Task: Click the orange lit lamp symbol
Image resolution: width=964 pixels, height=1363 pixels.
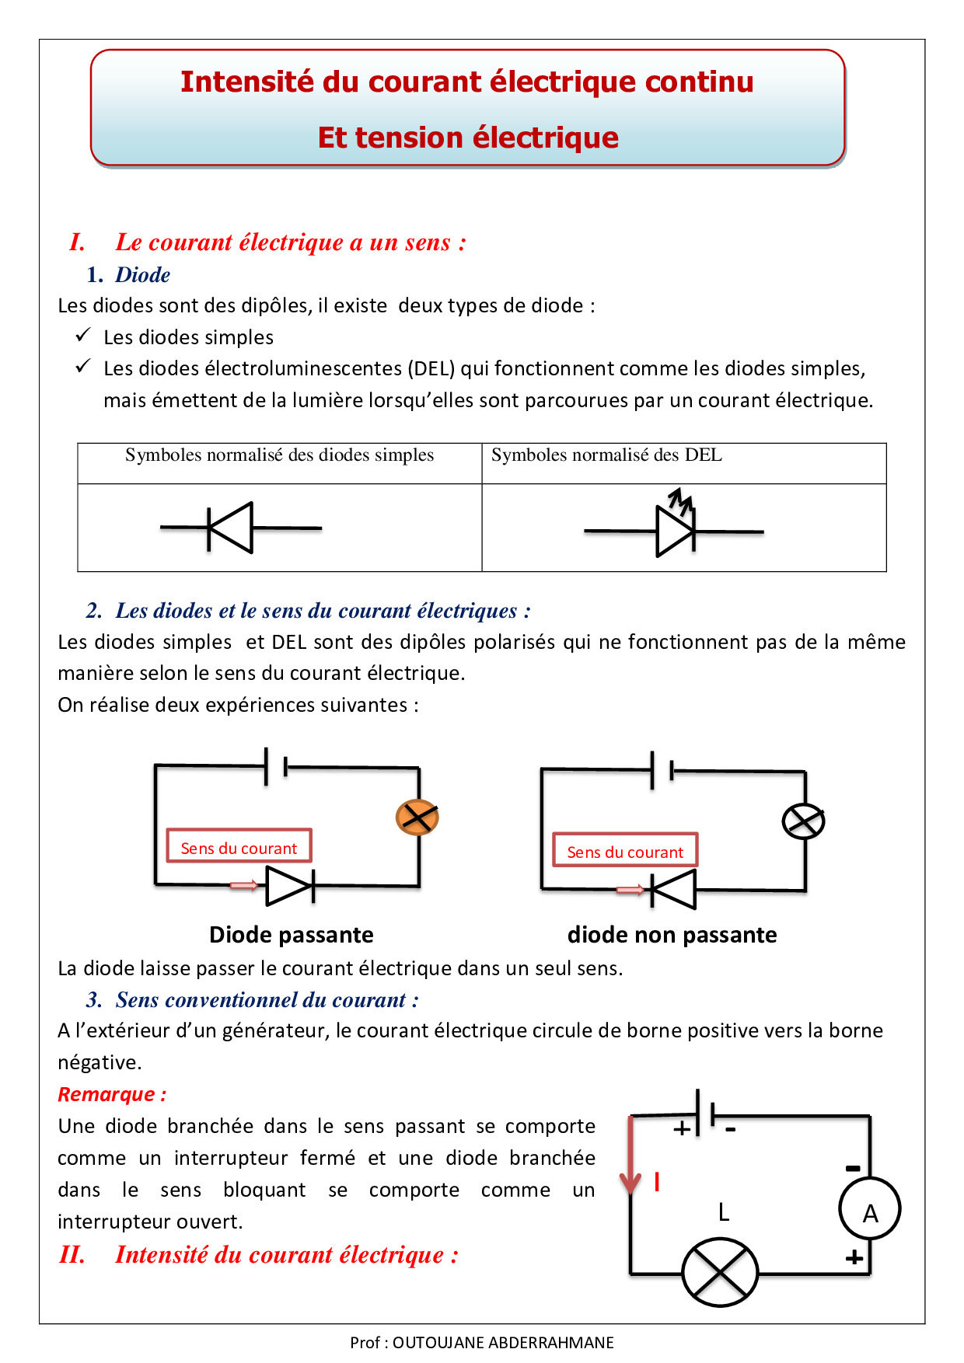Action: pos(417,817)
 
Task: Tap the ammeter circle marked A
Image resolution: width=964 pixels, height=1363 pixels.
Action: pos(870,1210)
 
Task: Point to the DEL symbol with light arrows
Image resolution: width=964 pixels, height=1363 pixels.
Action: pos(673,524)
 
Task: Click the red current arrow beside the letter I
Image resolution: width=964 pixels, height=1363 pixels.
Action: pos(630,1155)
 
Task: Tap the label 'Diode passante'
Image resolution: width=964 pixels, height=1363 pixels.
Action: pos(292,934)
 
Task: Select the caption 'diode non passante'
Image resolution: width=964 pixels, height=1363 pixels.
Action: pos(672,934)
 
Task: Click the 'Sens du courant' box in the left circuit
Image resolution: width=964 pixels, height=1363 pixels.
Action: pos(239,845)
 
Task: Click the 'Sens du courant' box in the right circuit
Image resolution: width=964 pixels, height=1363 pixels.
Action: pos(626,849)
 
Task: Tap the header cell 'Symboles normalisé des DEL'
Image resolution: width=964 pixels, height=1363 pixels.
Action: pos(606,455)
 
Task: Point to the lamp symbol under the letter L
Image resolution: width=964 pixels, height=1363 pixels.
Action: pos(720,1273)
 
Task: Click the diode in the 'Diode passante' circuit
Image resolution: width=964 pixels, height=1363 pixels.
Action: pos(290,886)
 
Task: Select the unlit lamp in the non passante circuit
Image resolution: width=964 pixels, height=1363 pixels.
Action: pos(803,821)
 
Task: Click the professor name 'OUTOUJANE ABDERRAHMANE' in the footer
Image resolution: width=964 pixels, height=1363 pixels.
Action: pos(503,1342)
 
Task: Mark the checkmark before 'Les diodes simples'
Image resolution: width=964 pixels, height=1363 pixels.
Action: pos(83,335)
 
